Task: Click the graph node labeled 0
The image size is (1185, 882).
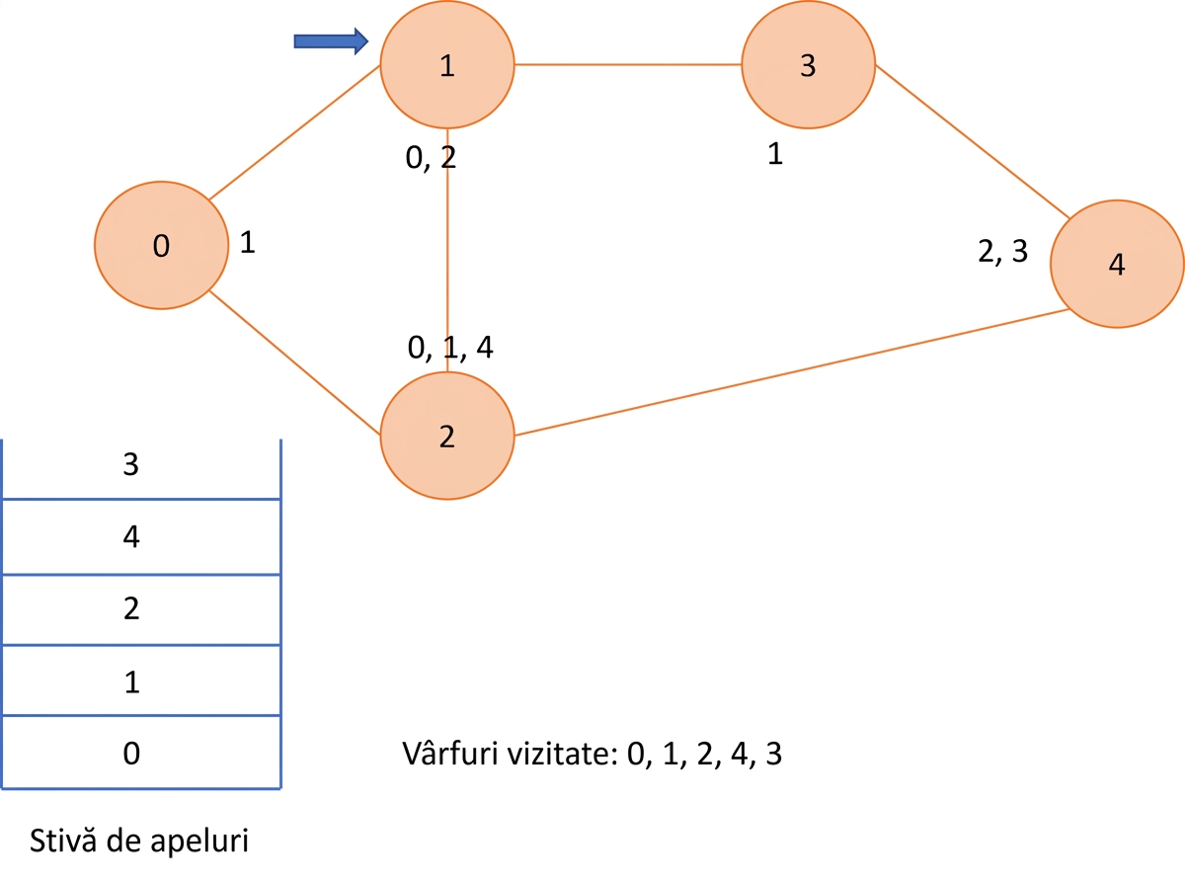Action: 161,245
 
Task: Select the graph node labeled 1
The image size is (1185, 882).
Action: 447,64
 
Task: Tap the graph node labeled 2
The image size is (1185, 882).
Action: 447,436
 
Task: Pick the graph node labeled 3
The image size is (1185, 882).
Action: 809,64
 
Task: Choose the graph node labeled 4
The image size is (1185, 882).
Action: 1117,264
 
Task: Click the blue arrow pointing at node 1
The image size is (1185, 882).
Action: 331,41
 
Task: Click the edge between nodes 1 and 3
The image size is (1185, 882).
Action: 628,64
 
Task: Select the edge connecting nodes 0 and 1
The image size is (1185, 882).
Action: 294,132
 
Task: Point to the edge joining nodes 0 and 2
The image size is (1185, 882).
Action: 294,362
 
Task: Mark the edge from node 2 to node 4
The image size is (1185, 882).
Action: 792,372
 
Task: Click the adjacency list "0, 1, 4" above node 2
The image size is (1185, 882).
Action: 450,348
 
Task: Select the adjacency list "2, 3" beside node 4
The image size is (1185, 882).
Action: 1003,251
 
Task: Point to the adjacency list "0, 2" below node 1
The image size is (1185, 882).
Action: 431,158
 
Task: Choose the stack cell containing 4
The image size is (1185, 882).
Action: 141,537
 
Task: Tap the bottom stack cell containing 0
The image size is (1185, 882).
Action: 141,752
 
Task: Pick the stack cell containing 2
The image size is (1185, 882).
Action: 141,610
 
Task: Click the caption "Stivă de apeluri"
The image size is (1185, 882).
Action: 139,841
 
